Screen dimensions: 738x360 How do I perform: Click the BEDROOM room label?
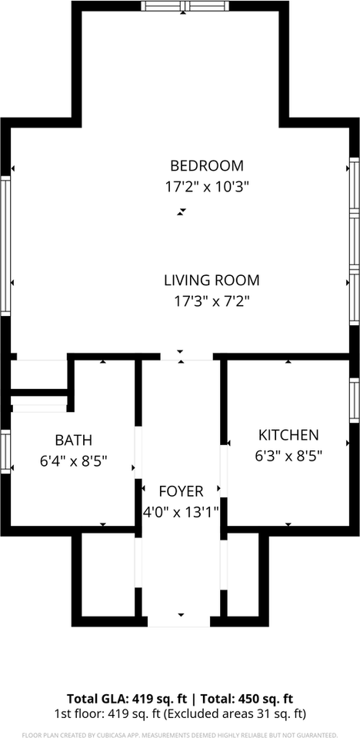(207, 165)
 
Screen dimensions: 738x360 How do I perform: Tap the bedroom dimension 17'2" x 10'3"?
(207, 186)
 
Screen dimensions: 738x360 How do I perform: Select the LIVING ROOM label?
(212, 281)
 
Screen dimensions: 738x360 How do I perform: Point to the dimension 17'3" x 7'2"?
(212, 301)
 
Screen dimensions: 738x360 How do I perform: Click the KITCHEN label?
(288, 435)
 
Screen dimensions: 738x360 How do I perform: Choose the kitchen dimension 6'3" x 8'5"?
(288, 455)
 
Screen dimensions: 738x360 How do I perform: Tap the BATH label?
(73, 440)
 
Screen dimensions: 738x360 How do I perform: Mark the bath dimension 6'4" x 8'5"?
(73, 461)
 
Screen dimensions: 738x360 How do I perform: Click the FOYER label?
(181, 491)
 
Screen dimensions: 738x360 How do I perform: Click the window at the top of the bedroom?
(185, 6)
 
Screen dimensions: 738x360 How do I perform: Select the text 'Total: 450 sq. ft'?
(245, 699)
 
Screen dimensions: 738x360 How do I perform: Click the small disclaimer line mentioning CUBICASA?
(180, 734)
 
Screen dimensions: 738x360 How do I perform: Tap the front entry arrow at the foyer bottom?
(181, 615)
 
